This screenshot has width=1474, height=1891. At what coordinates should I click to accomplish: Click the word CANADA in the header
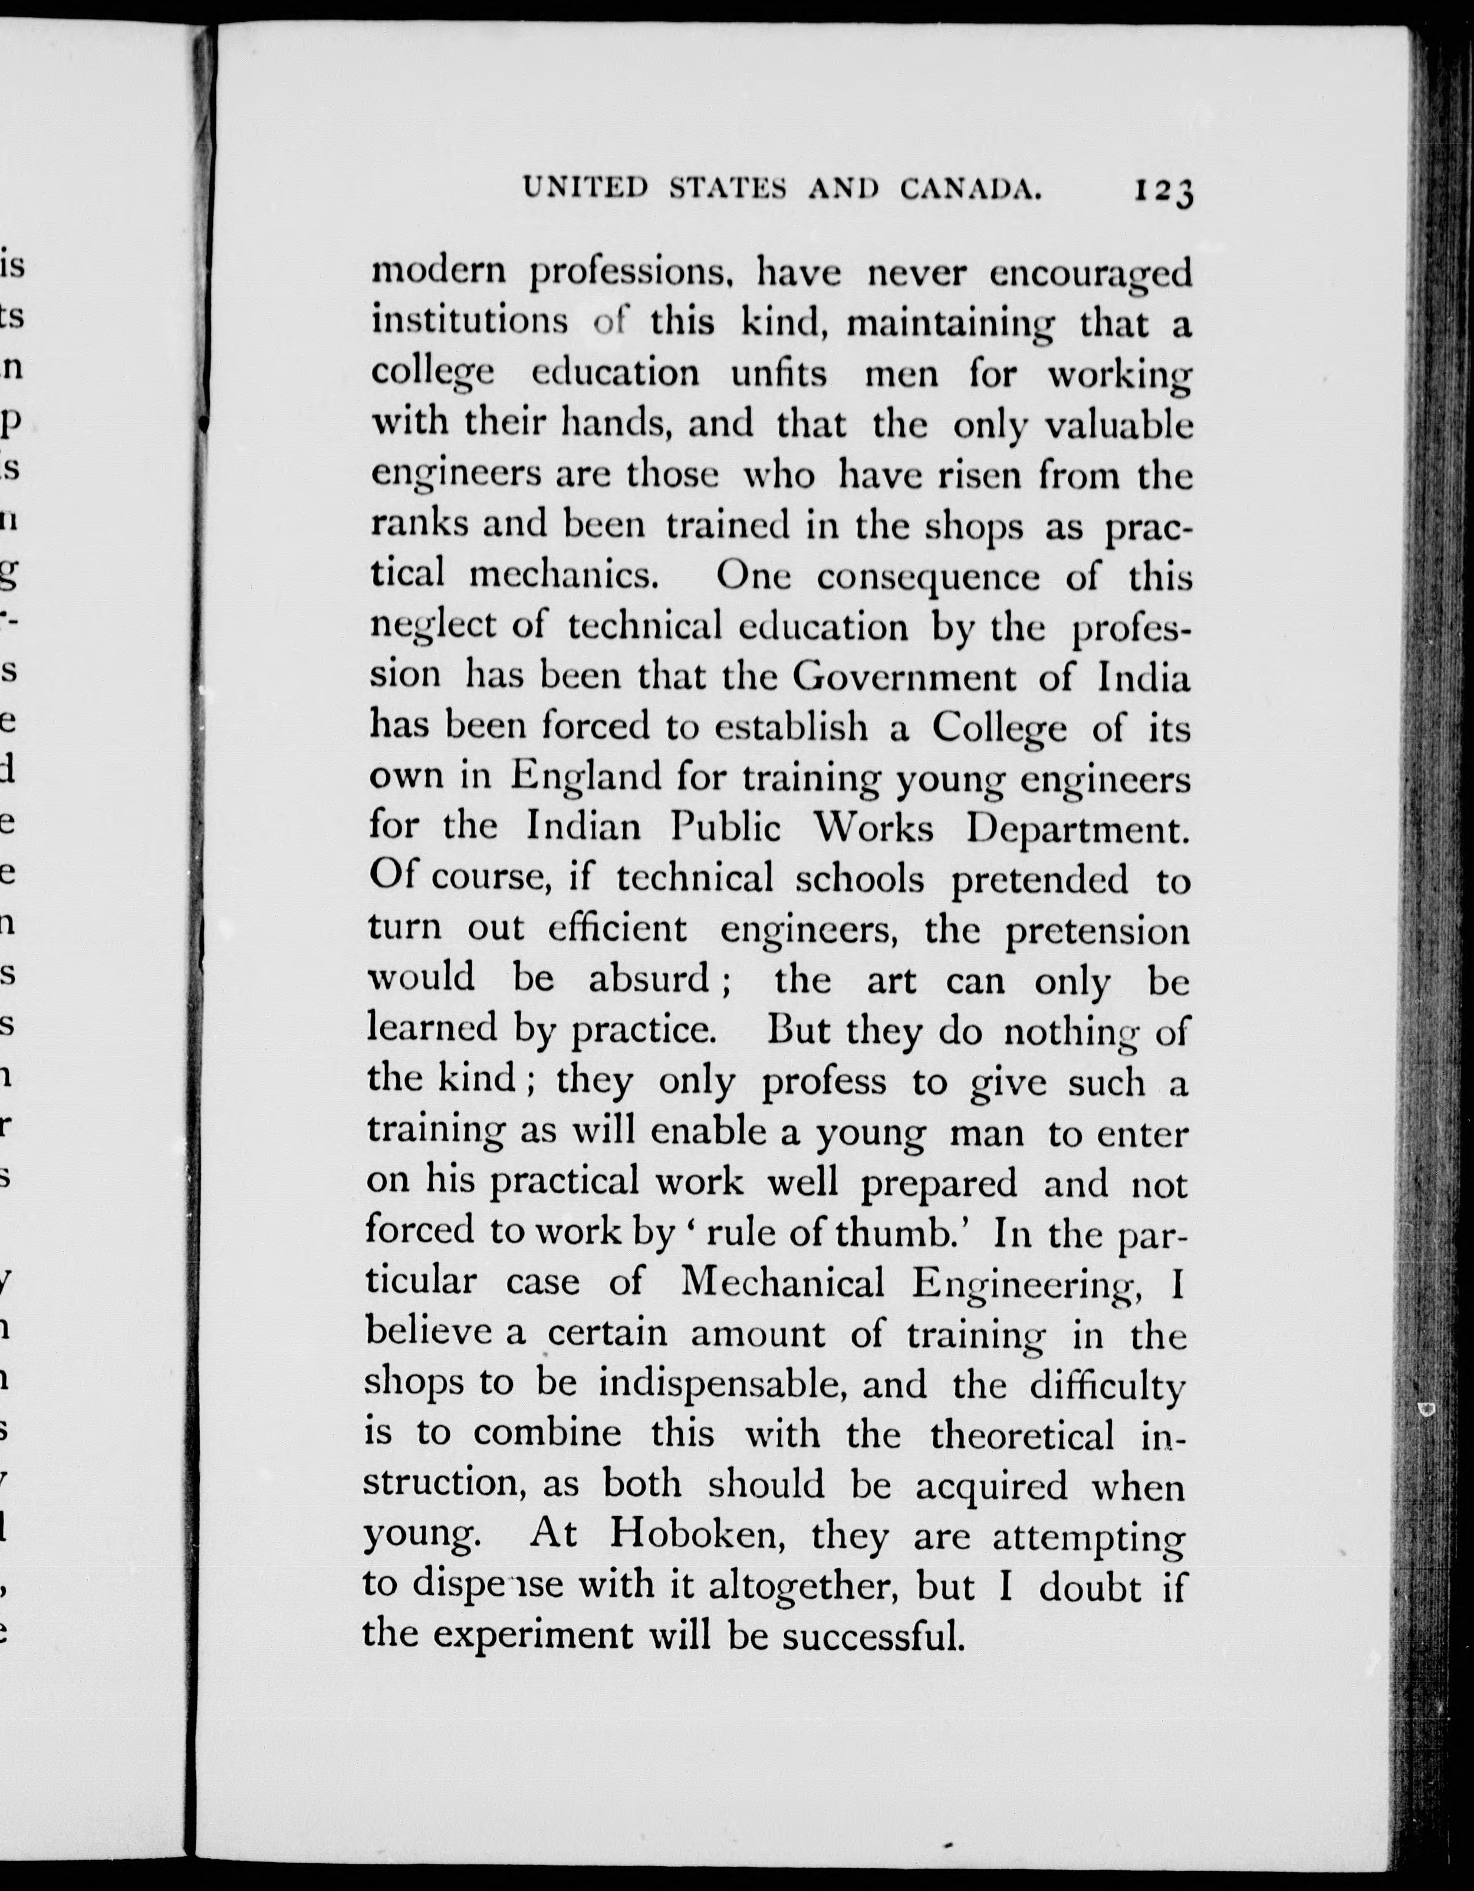(970, 189)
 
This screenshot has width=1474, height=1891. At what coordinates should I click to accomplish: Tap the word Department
(1072, 829)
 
